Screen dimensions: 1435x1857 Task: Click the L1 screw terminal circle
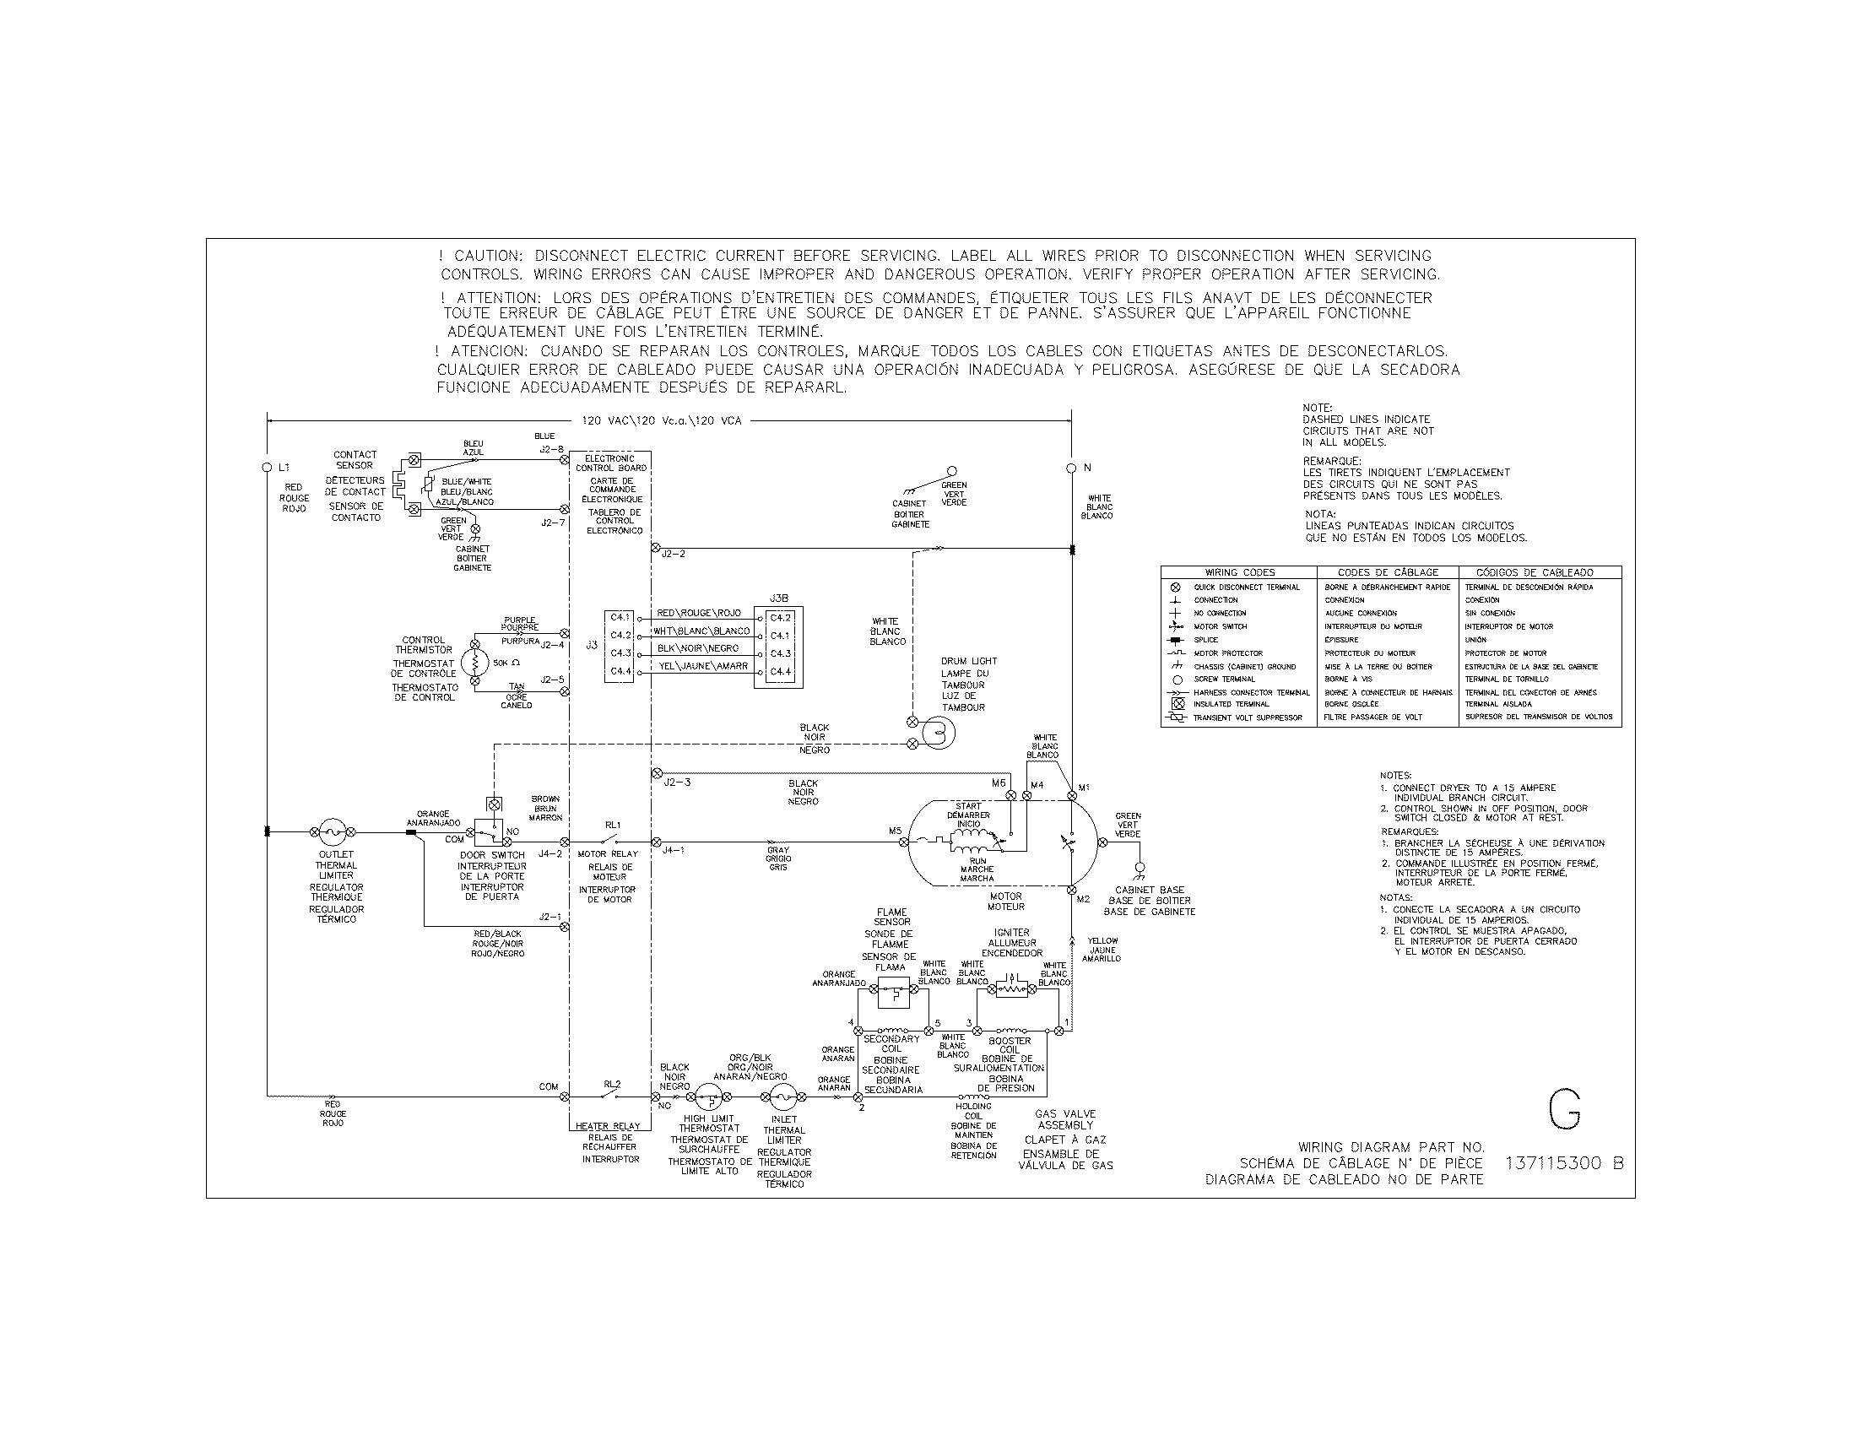[267, 468]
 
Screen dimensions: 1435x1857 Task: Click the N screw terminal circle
[1071, 468]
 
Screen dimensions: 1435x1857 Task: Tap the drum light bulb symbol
[939, 733]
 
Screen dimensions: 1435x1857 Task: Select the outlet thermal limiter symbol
[332, 832]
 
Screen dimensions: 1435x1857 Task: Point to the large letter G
[1563, 1109]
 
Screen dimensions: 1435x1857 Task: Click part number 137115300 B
[1562, 1163]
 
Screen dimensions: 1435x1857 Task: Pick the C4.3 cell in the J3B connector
[780, 653]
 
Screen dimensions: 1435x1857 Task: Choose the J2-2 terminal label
[674, 555]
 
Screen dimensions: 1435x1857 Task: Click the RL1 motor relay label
[613, 825]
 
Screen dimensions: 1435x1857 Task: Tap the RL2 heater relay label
[612, 1084]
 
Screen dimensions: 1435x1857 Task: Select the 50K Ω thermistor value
[506, 663]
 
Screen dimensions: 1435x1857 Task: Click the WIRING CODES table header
[1239, 572]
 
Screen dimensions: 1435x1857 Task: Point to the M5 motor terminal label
[895, 831]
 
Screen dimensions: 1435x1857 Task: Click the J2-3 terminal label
[677, 782]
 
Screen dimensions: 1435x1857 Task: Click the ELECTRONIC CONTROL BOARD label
[610, 463]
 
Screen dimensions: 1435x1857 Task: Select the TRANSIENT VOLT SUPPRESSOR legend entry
[1248, 717]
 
